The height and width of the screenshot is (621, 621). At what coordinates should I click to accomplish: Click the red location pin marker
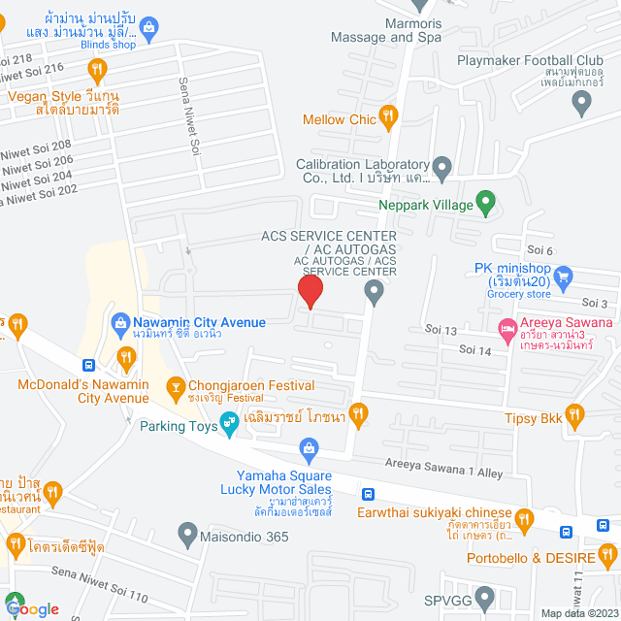point(310,291)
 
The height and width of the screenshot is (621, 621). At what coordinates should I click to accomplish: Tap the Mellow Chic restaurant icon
point(388,119)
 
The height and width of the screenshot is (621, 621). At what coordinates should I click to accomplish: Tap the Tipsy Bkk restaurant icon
point(575,416)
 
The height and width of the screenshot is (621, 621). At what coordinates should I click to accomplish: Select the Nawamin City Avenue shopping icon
point(121,322)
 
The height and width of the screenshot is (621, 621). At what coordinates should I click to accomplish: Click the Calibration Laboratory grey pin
point(441,168)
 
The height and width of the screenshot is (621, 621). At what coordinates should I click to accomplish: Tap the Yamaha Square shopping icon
point(309,448)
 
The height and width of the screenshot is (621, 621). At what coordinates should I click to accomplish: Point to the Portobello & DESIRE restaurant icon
point(606,556)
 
